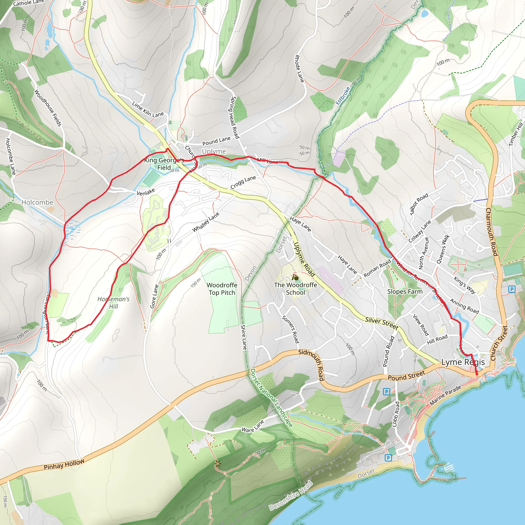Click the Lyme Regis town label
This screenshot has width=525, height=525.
(x=463, y=362)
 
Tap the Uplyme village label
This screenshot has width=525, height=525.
(x=214, y=151)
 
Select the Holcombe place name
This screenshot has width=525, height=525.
(x=37, y=203)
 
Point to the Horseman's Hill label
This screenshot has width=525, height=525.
(x=114, y=303)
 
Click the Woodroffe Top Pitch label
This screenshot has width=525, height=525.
(x=222, y=289)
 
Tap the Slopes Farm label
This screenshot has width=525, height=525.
(x=405, y=291)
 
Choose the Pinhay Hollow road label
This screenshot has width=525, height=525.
(x=64, y=465)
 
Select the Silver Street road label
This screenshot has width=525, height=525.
(x=381, y=323)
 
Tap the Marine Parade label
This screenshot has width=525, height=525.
(x=445, y=395)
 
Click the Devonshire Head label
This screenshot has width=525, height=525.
(x=291, y=495)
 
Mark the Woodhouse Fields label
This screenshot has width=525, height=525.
(x=48, y=108)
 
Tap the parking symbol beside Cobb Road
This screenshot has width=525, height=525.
(x=386, y=392)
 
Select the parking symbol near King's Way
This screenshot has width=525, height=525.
(x=512, y=289)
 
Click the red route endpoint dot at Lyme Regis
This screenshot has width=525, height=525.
(x=477, y=374)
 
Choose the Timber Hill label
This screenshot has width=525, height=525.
(x=516, y=135)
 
